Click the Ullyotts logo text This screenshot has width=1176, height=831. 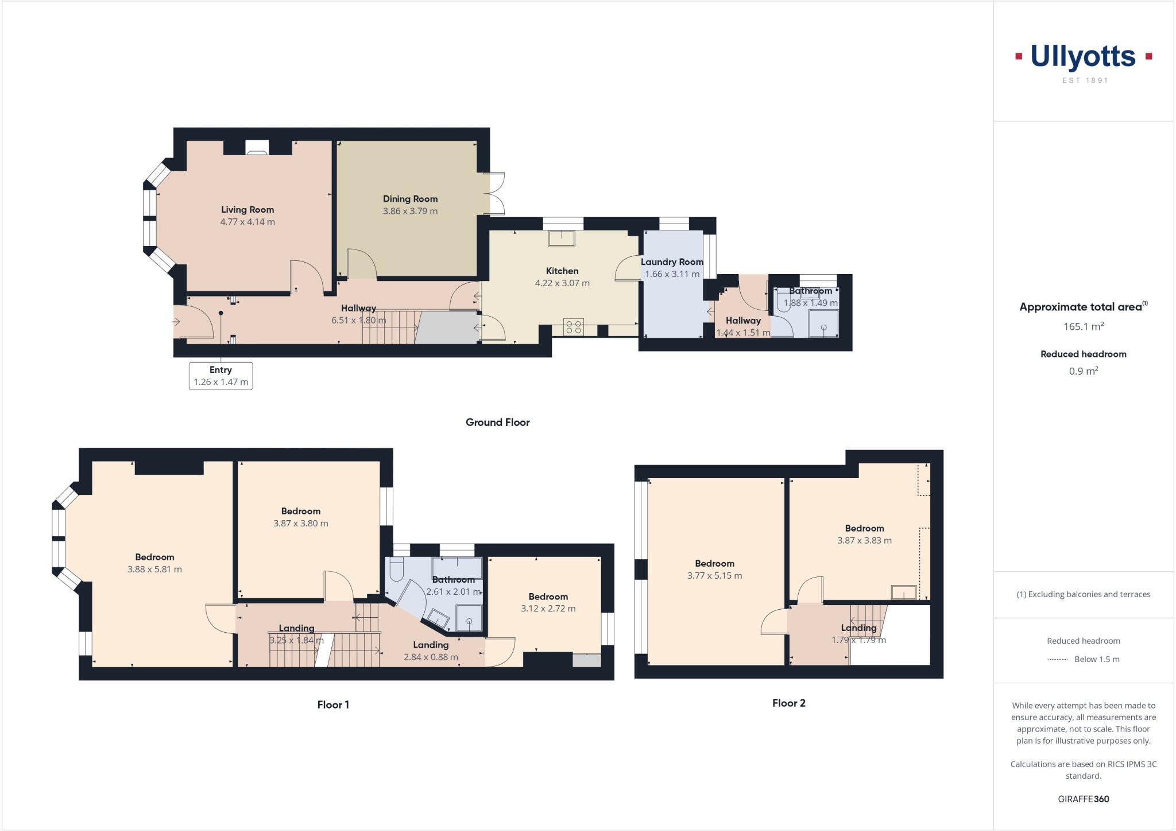tap(1083, 57)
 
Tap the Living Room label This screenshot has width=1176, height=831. tap(247, 210)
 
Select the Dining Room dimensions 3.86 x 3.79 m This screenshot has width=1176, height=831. tap(410, 211)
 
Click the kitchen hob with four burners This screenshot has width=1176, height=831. tap(574, 327)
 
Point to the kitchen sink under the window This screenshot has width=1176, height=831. tap(562, 238)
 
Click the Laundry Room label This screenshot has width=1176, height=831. tap(672, 262)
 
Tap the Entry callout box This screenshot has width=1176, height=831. tap(220, 376)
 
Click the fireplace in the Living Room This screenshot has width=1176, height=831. tap(257, 148)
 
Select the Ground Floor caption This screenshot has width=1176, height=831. tap(497, 422)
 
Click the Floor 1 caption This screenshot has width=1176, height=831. tap(333, 705)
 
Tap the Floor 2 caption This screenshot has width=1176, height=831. tap(788, 703)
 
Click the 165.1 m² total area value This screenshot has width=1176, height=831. tap(1083, 326)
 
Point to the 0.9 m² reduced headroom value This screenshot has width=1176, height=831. tap(1083, 371)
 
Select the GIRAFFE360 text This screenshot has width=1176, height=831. tap(1083, 799)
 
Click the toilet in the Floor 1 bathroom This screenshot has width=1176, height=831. tap(397, 570)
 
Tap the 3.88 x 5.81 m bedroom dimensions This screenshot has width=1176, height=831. tap(154, 570)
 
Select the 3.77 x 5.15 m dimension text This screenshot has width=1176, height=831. tap(714, 575)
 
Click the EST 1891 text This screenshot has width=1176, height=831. tap(1085, 80)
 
